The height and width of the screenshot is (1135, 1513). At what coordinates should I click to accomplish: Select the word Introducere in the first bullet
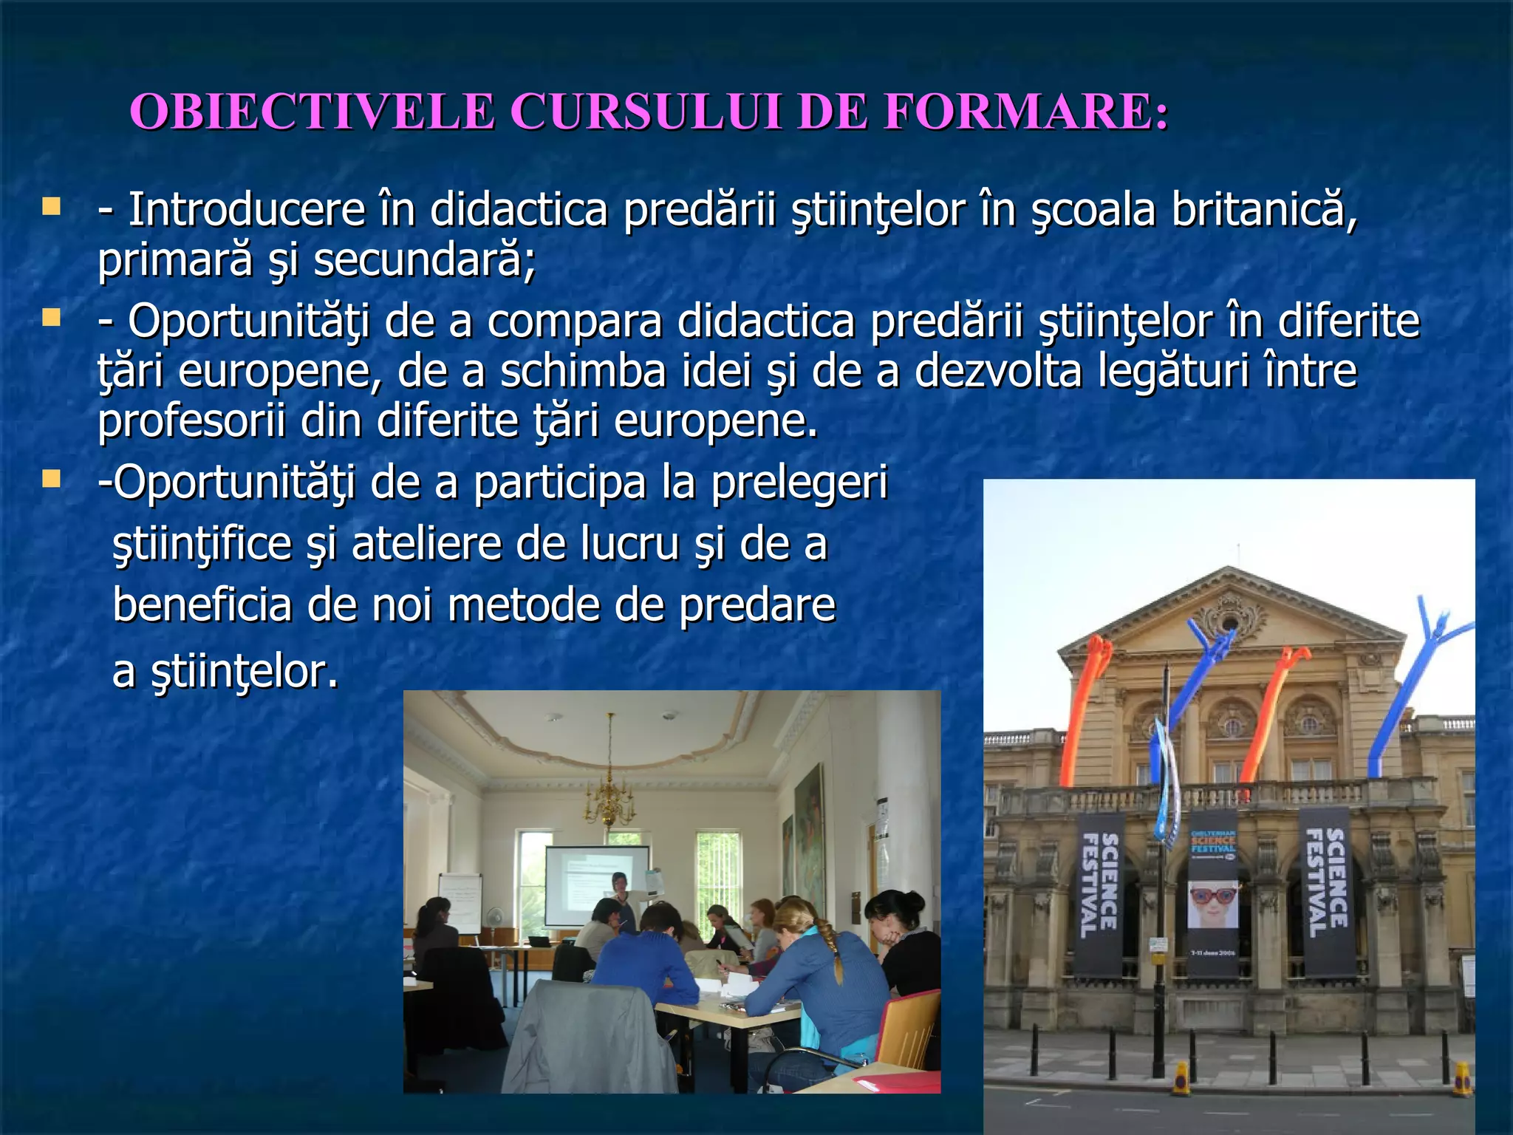click(x=247, y=210)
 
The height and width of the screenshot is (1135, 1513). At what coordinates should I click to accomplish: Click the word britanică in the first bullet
click(x=1264, y=210)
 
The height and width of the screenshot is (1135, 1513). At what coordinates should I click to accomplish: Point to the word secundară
click(x=424, y=260)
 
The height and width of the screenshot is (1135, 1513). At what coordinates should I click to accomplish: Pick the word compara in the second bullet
click(x=574, y=322)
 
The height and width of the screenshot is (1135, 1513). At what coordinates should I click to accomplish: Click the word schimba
click(x=583, y=371)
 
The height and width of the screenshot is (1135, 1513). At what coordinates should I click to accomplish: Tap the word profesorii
click(x=191, y=421)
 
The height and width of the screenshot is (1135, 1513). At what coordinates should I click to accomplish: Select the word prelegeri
click(x=799, y=483)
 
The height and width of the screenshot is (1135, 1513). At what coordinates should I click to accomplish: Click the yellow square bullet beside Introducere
click(x=51, y=206)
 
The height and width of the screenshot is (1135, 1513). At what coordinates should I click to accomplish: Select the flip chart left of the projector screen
click(x=460, y=902)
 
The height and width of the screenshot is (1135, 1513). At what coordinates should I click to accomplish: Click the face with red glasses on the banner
click(x=1212, y=903)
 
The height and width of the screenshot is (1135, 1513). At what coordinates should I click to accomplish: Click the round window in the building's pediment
click(x=1229, y=622)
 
